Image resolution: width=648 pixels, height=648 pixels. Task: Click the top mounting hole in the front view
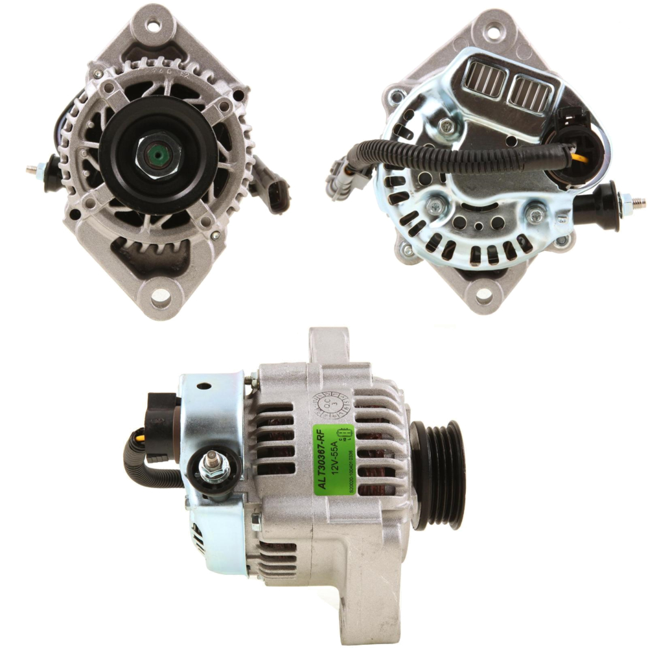click(x=153, y=26)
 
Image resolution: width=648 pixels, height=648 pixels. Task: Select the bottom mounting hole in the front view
click(x=159, y=295)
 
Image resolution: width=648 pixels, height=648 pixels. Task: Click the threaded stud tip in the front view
click(x=31, y=170)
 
